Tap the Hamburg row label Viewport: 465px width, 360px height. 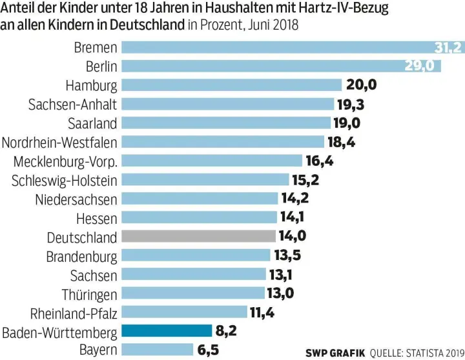click(91, 85)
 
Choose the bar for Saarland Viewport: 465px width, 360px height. click(227, 123)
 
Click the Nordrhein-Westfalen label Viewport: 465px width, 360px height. click(60, 142)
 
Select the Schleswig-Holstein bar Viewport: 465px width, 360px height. click(205, 179)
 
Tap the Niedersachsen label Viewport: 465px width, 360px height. click(76, 199)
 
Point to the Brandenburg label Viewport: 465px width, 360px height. click(81, 256)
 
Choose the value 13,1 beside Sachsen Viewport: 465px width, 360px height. click(281, 275)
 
